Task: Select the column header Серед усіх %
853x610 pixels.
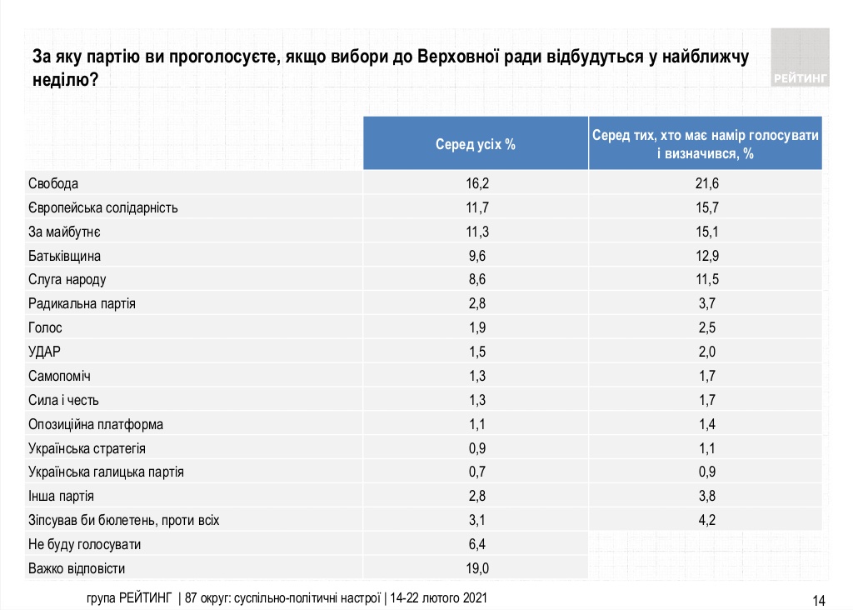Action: coord(476,144)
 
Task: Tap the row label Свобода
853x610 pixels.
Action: coord(53,183)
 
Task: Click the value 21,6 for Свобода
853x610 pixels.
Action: coord(705,183)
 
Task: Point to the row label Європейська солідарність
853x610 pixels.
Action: coord(103,207)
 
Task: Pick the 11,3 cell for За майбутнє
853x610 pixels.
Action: coord(476,232)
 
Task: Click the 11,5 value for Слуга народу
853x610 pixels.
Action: coord(705,280)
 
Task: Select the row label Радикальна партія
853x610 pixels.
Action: coord(82,304)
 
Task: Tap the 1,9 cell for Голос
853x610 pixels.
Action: coord(476,327)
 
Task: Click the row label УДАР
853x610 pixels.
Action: coord(45,352)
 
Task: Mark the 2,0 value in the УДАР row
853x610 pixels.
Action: coord(705,352)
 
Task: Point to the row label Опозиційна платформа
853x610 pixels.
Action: coord(96,424)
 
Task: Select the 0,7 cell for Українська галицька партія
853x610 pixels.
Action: coord(476,472)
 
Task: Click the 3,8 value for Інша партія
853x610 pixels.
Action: coord(705,496)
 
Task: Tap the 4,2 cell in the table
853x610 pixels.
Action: coord(705,520)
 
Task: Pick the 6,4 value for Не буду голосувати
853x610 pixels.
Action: coord(476,544)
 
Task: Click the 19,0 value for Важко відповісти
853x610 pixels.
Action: coord(476,568)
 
